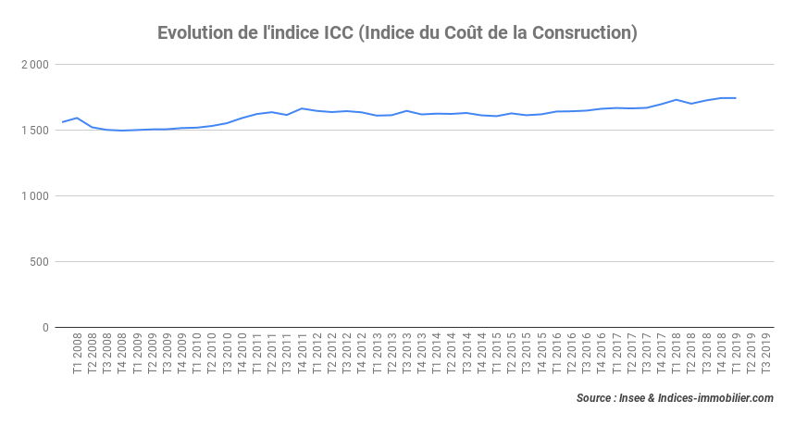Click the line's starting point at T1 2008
point(63,122)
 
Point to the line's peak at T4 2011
point(302,108)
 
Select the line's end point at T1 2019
point(735,98)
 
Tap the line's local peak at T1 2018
point(676,99)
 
